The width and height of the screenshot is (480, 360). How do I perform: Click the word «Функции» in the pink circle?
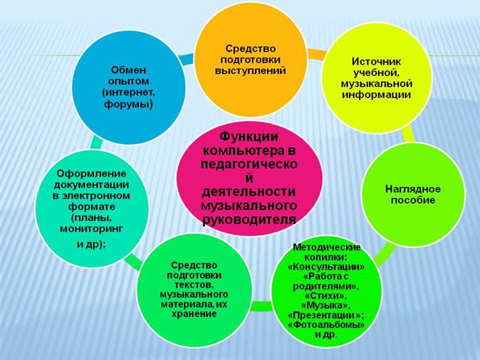click(249, 137)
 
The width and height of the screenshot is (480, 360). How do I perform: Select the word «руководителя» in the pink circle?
click(249, 219)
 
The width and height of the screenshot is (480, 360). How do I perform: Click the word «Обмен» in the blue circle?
click(128, 70)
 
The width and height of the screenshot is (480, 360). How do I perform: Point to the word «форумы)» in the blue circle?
click(128, 105)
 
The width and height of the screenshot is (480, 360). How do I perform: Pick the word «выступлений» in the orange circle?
click(251, 70)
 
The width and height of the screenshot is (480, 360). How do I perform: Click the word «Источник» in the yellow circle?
click(376, 61)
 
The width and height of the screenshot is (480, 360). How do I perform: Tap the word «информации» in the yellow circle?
click(376, 95)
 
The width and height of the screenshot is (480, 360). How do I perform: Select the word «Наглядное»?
click(412, 189)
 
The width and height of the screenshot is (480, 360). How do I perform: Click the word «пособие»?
click(412, 200)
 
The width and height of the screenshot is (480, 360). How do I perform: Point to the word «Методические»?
click(327, 247)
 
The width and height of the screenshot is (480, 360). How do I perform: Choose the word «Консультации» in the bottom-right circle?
click(326, 267)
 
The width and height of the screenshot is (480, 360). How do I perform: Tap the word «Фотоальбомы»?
click(326, 325)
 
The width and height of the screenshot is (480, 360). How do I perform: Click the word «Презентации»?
click(325, 315)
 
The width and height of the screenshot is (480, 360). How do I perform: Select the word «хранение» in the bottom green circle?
click(194, 314)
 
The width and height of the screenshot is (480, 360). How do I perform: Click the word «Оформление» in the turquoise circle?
click(91, 174)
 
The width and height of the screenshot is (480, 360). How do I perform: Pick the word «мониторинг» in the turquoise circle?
click(91, 229)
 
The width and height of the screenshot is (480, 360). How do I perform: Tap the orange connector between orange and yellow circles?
click(315, 55)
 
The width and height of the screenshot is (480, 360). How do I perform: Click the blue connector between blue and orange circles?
click(186, 59)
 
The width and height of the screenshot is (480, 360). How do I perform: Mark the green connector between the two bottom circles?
click(262, 306)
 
